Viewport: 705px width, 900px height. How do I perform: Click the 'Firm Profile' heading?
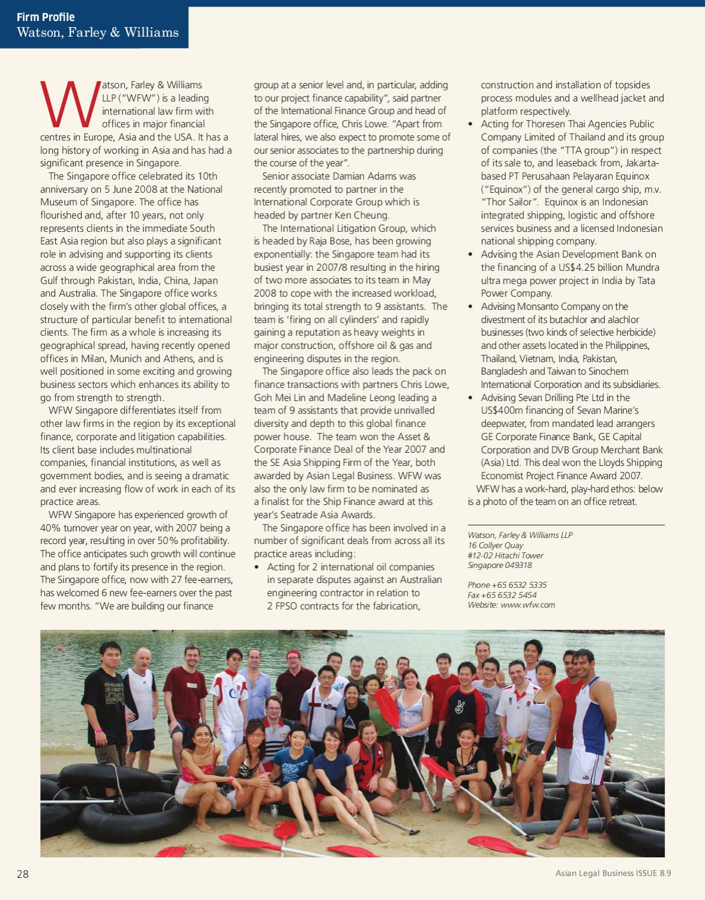pyautogui.click(x=46, y=17)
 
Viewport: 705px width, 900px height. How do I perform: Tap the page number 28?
pyautogui.click(x=23, y=874)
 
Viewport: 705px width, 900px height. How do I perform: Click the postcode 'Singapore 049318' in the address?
pyautogui.click(x=500, y=565)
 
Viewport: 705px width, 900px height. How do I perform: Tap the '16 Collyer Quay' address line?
pyautogui.click(x=496, y=545)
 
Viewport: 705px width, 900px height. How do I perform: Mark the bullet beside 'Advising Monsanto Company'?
pyautogui.click(x=470, y=307)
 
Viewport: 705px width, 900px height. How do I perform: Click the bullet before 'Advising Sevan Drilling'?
pyautogui.click(x=470, y=398)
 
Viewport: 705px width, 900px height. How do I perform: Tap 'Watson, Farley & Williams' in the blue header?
pyautogui.click(x=98, y=32)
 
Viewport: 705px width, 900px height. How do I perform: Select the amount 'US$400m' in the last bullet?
pyautogui.click(x=500, y=411)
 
